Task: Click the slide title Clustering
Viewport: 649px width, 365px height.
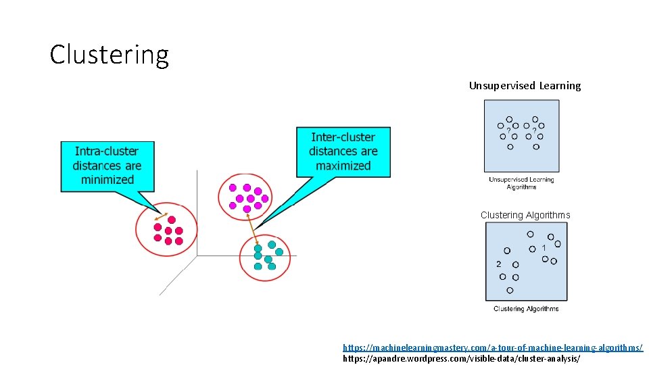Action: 109,55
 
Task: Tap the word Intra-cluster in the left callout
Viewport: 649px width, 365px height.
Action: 107,151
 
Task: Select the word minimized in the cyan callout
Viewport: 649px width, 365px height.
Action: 107,180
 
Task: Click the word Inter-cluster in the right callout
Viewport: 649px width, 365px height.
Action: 343,137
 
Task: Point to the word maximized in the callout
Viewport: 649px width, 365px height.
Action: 343,166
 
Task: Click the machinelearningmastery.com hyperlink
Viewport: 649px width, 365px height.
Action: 493,347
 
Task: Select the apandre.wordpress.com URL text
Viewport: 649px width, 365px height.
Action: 462,358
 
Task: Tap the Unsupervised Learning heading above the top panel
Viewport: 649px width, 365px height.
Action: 525,86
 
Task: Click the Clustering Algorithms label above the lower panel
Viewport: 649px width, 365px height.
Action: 525,215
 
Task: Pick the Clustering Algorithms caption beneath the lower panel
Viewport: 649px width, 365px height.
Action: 526,309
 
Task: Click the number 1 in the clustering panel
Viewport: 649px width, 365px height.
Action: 544,248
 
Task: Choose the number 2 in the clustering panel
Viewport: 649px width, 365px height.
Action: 499,264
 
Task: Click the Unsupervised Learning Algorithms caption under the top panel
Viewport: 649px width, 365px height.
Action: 521,183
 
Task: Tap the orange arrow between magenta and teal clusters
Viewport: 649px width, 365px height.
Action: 252,227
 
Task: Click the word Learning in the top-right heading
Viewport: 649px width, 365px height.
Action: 560,86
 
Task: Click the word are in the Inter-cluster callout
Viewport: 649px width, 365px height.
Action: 368,151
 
